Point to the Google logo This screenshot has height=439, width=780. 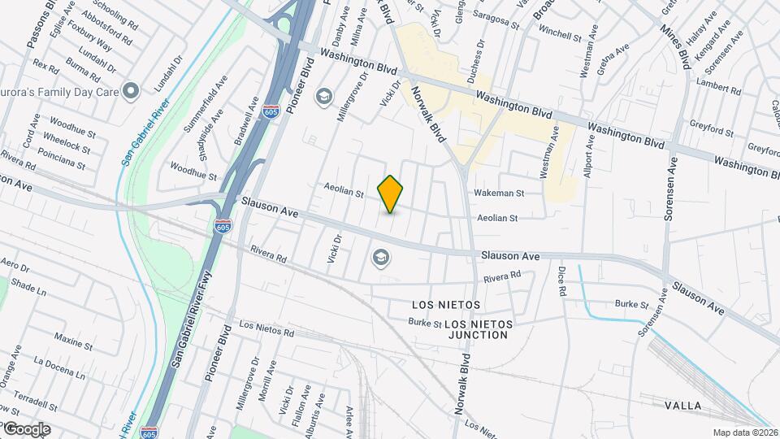click(26, 428)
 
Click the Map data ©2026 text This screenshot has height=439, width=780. click(744, 432)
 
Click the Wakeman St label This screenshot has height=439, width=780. click(500, 193)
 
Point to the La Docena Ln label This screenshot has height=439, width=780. click(58, 368)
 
